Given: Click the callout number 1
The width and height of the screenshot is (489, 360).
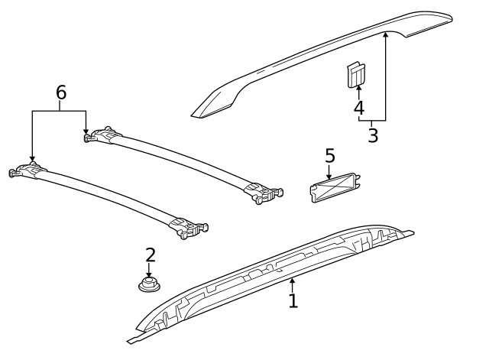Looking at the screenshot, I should [293, 300].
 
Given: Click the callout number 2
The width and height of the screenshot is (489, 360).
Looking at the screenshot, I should [150, 255].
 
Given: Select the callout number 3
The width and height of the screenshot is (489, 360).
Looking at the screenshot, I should [373, 136].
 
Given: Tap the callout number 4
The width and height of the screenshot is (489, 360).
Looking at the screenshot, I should [359, 108].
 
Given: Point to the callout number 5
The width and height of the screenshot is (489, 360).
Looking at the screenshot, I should [330, 155].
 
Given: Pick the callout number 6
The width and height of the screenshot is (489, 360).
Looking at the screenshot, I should [61, 92].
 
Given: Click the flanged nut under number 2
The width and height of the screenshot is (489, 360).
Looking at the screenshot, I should [150, 286].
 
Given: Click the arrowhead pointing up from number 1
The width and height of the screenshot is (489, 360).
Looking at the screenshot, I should [292, 282].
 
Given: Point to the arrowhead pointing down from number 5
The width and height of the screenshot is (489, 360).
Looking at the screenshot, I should [329, 176].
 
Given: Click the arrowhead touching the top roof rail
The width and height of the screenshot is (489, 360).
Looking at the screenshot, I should [386, 34].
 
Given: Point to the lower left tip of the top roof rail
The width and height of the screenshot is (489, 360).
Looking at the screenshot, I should [195, 114].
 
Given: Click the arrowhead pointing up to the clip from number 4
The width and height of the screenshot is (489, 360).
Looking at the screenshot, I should [359, 89].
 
